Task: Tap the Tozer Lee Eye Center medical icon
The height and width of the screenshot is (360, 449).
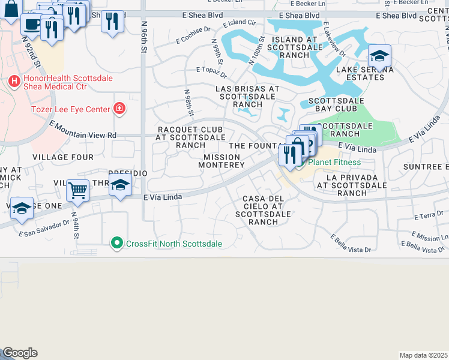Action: coord(120,109)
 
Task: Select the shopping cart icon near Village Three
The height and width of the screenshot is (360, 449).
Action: coord(78,191)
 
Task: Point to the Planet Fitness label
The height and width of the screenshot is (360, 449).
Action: coord(334,162)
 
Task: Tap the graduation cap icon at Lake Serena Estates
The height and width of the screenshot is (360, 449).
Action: coord(379,56)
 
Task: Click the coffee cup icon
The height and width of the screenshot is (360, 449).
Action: coord(32,24)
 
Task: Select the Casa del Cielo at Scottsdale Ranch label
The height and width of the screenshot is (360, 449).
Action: coord(263,210)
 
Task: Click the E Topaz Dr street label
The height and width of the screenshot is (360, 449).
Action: coord(211,73)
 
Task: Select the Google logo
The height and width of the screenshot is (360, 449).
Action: coord(20,353)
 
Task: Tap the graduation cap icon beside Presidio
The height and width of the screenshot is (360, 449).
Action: coord(121,186)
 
